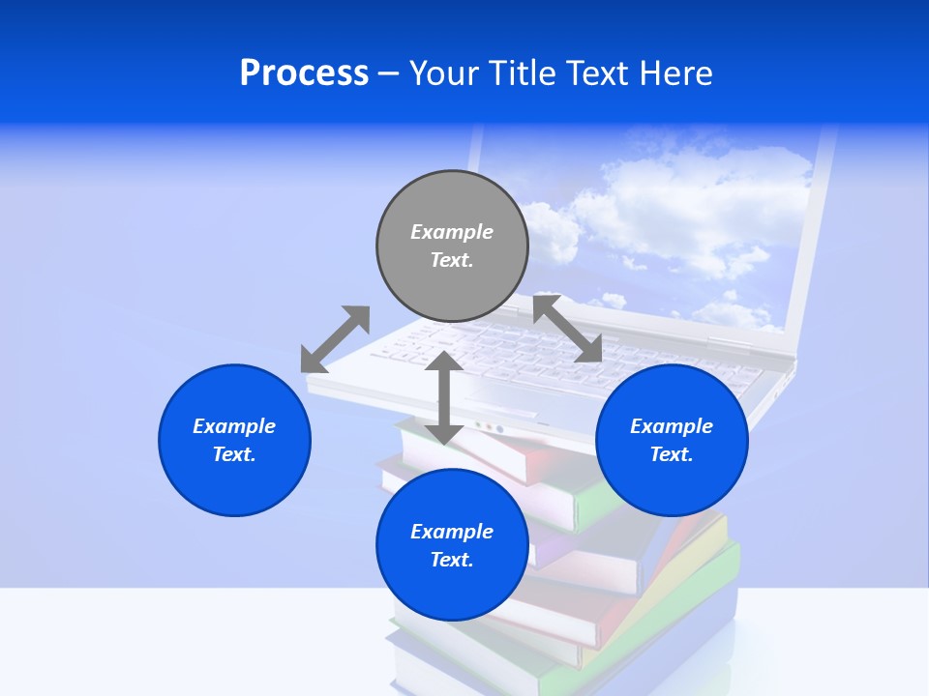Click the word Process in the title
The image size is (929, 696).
[304, 73]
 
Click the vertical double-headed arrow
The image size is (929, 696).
[444, 397]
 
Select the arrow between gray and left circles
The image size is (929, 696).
[335, 339]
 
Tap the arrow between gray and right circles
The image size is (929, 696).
[567, 330]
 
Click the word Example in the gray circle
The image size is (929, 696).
[452, 232]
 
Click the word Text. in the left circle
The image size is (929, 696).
[234, 454]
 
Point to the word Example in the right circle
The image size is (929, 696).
[672, 426]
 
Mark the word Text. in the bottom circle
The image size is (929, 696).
[452, 560]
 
